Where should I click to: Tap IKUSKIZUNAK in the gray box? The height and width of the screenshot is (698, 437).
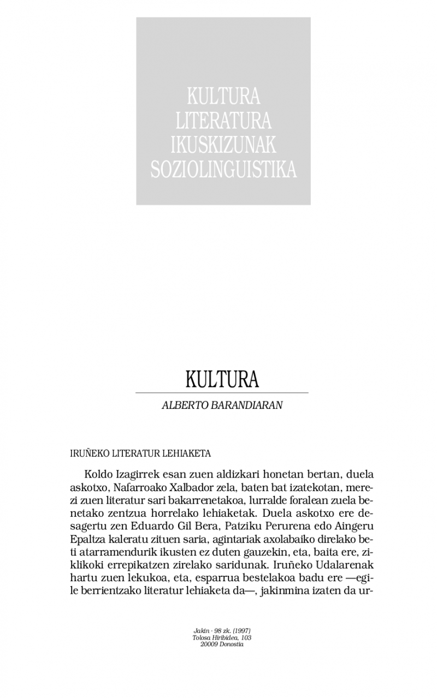pyautogui.click(x=223, y=145)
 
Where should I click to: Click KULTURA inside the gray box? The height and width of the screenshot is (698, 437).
pyautogui.click(x=223, y=96)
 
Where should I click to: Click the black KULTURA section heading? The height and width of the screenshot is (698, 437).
pyautogui.click(x=222, y=380)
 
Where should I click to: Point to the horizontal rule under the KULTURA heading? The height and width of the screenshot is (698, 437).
pyautogui.click(x=222, y=392)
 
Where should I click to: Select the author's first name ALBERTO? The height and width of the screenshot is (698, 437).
pyautogui.click(x=186, y=407)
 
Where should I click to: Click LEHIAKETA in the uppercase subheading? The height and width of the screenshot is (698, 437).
pyautogui.click(x=190, y=454)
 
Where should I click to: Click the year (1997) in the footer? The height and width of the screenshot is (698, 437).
pyautogui.click(x=241, y=631)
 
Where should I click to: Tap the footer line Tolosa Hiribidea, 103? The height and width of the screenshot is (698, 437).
pyautogui.click(x=222, y=637)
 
